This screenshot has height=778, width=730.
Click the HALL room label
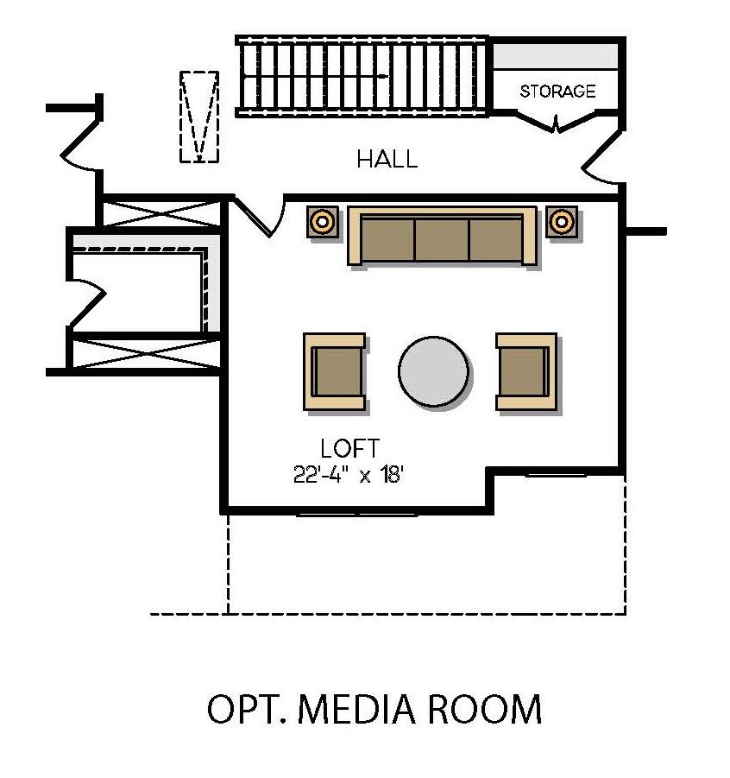pos(387,159)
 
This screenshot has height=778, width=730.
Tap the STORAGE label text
pos(557,91)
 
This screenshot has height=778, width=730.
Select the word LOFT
pos(349,449)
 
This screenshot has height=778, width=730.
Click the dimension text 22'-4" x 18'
pos(349,476)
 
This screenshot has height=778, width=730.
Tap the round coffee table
pos(434,371)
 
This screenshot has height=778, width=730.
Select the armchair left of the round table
pos(335,371)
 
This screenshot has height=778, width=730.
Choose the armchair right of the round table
pos(525,371)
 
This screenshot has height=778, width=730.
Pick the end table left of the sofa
pos(323,221)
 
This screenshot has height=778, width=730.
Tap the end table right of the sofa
pos(562,221)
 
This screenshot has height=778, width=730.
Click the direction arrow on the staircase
pos(380,76)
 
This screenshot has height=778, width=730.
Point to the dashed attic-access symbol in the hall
pos(198,116)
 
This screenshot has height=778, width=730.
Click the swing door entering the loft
pos(261,217)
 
